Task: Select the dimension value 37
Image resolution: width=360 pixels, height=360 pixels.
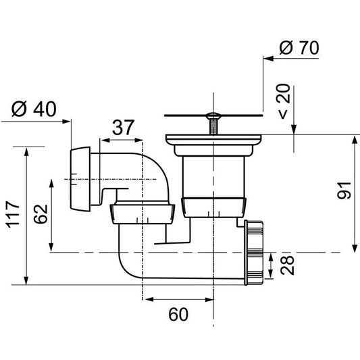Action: coord(122,127)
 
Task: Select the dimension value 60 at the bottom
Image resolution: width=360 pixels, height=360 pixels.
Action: coord(178,314)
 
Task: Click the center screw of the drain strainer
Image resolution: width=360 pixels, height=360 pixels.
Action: coord(213,125)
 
